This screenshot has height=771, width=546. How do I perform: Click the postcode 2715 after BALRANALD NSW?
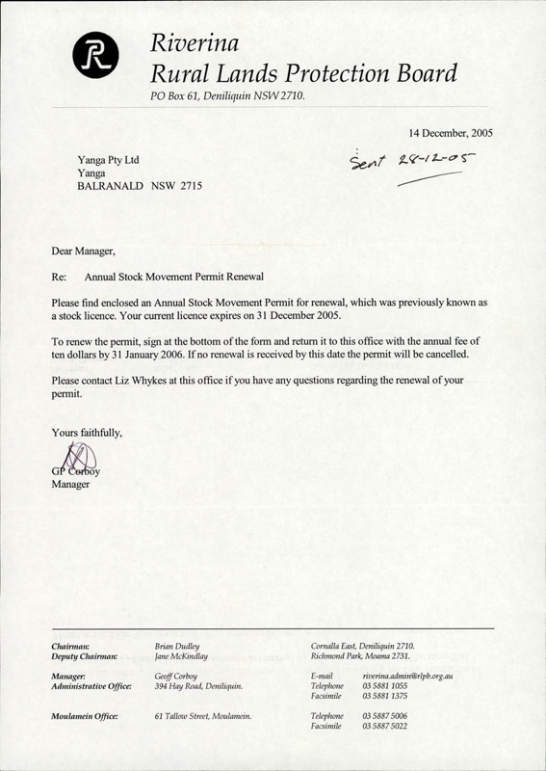[189, 185]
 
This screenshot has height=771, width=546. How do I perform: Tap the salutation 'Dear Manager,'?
[83, 253]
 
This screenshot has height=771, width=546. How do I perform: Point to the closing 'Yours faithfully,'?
[87, 434]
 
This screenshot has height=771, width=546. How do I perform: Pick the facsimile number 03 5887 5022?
[385, 728]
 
